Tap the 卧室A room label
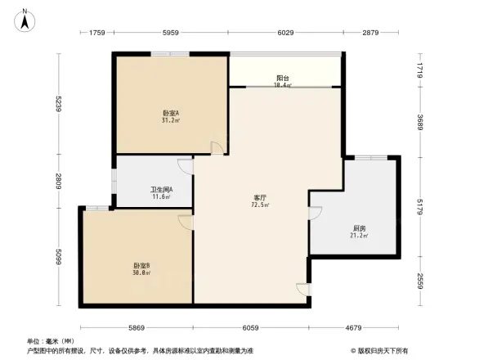pos(171,113)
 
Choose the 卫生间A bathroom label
pos(160,190)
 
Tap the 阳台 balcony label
pos(282,79)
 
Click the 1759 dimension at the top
pos(96,33)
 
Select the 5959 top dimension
pos(171,33)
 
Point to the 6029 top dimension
pos(285,33)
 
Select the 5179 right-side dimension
pos(419,206)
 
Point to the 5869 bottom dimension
pos(136,327)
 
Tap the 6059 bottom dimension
pos(251,327)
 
